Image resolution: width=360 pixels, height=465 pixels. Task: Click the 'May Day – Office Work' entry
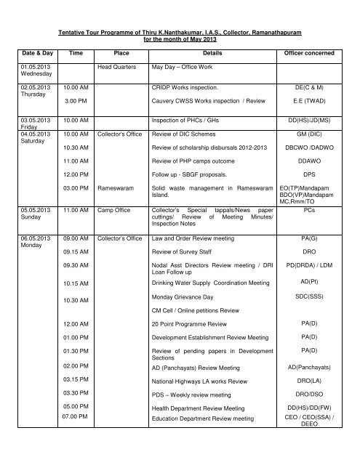click(x=185, y=66)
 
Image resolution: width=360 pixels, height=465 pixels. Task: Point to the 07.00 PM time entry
click(x=75, y=417)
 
